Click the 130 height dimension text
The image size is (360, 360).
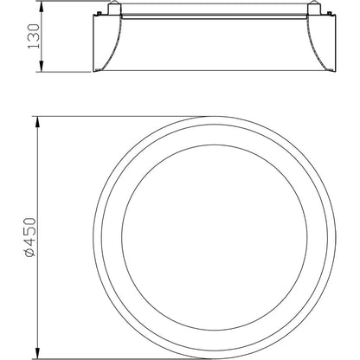point(33,36)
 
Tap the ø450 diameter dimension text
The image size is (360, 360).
point(30,237)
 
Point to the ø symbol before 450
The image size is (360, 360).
point(30,253)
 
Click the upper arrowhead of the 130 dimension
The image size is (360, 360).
point(42,7)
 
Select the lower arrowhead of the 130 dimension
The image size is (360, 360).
point(42,66)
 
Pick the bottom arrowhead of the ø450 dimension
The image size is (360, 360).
point(37,353)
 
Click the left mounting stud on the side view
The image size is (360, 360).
point(114,8)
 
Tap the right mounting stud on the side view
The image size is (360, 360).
point(313,8)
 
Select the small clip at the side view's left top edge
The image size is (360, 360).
point(99,13)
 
